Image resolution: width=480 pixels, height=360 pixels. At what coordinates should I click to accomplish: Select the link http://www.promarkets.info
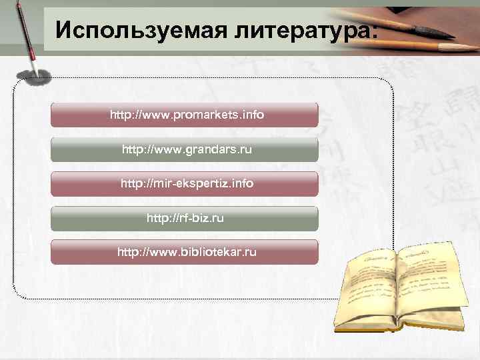[187, 115]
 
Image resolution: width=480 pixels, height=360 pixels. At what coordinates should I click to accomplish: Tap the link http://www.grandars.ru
[187, 149]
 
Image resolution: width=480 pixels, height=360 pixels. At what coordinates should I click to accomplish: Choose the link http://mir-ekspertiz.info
[187, 183]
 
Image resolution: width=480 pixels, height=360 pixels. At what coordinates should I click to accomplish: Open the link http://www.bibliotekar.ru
[187, 253]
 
